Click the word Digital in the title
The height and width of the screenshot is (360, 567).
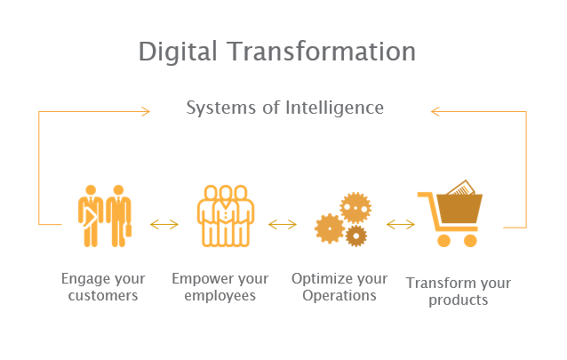click(x=178, y=52)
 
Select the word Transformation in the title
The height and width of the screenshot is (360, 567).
click(x=322, y=51)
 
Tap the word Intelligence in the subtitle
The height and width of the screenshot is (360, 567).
click(x=334, y=108)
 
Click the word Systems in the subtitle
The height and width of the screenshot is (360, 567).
click(x=220, y=108)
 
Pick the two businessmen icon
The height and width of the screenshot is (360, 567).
click(x=105, y=216)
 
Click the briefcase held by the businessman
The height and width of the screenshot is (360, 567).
click(x=128, y=230)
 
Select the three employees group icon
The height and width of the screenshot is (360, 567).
click(x=225, y=216)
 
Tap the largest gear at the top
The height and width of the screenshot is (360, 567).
click(x=355, y=208)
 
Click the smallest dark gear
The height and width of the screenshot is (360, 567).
click(x=356, y=236)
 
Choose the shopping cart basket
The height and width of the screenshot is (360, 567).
click(x=459, y=209)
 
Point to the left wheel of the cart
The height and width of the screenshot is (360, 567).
click(x=443, y=241)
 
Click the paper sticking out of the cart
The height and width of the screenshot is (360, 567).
click(x=461, y=188)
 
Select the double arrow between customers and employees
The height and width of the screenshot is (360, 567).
click(x=164, y=224)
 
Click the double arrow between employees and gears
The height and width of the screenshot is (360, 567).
click(x=283, y=224)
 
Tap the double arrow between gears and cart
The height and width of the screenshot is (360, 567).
click(x=401, y=224)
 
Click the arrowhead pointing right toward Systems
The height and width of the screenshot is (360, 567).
click(x=146, y=111)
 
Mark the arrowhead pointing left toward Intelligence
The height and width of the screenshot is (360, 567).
click(x=435, y=111)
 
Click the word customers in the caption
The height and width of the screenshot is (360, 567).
click(x=103, y=296)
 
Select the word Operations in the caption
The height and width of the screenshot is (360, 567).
click(x=339, y=296)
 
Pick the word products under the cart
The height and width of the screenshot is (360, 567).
click(x=459, y=300)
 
